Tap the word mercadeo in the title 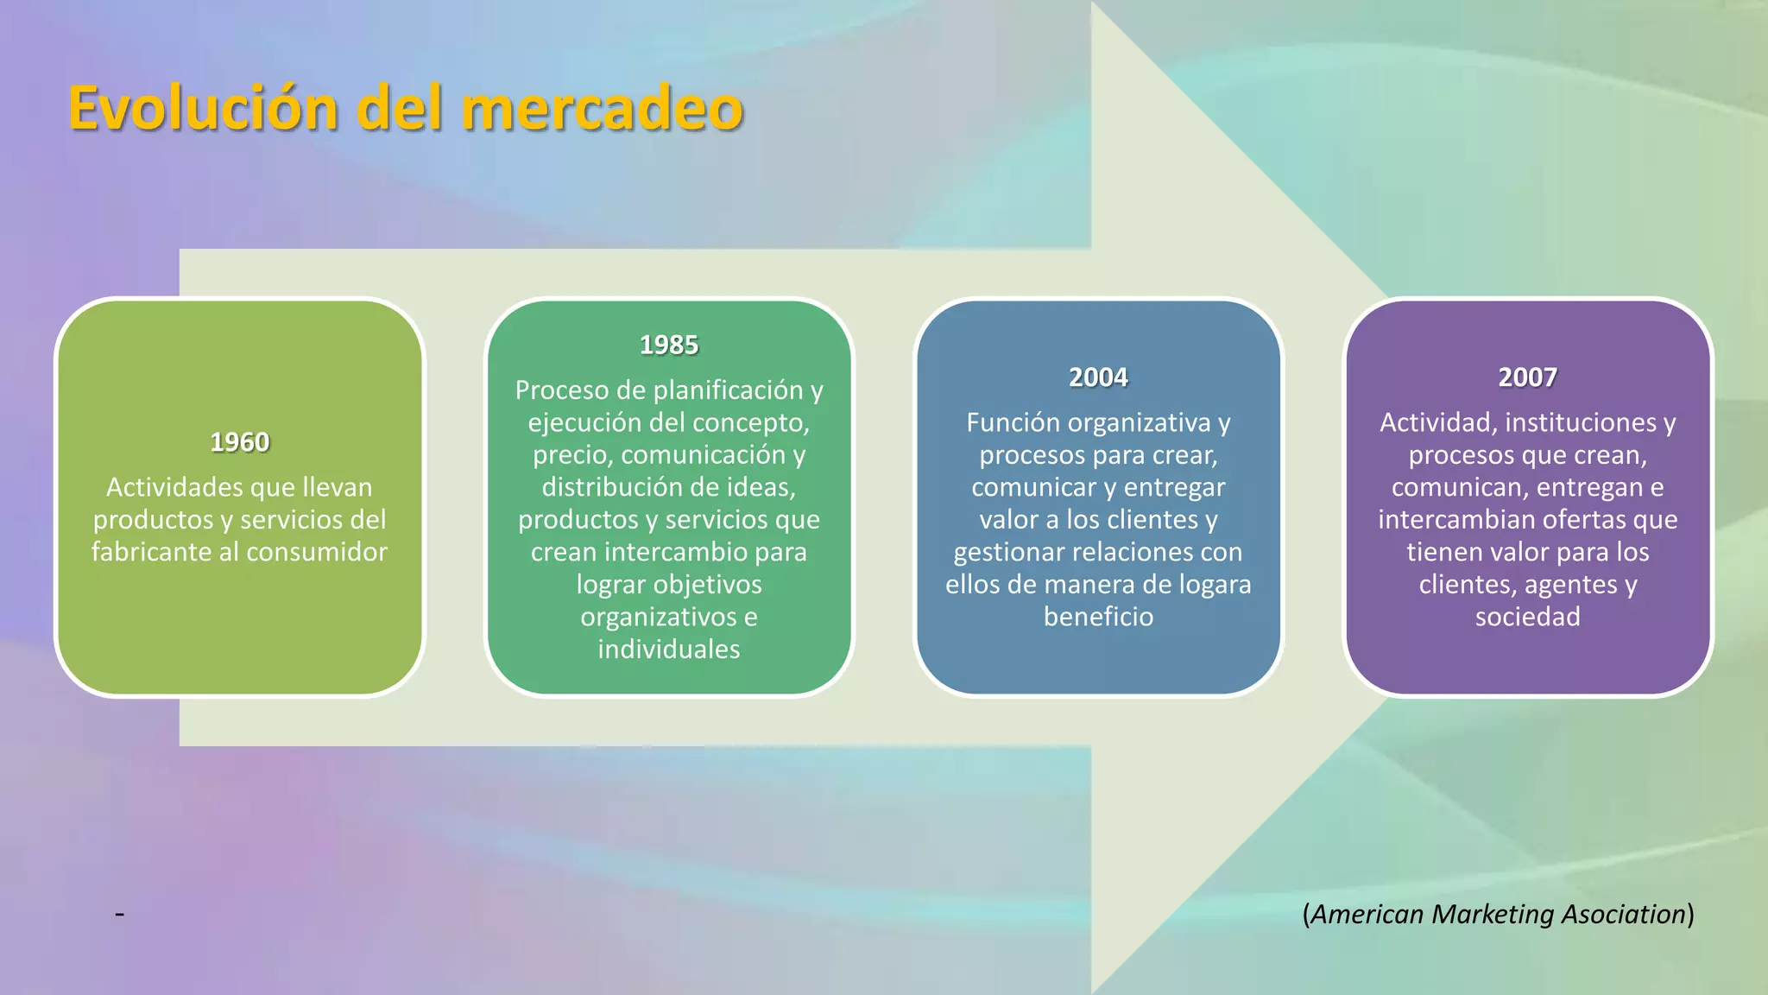point(602,109)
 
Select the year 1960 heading point(239,442)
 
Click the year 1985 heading point(668,345)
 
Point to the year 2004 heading point(1097,377)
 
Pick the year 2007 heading point(1527,377)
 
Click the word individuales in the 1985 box point(668,650)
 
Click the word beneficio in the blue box point(1097,617)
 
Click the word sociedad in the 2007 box point(1527,617)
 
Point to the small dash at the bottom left point(119,913)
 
